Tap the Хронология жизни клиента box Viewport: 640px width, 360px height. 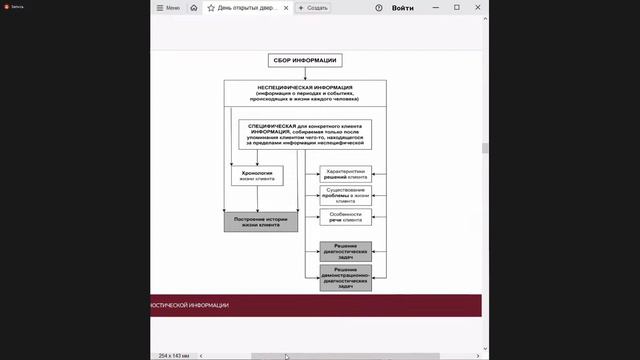257,175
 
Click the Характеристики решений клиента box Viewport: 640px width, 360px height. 346,172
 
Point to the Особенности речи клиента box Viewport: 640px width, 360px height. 346,216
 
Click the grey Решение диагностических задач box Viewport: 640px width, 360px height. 346,249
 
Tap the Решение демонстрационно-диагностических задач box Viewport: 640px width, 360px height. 346,277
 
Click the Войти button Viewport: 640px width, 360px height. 403,7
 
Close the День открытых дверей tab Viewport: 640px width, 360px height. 288,7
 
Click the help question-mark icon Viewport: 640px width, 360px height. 379,7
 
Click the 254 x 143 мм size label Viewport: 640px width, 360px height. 175,355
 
